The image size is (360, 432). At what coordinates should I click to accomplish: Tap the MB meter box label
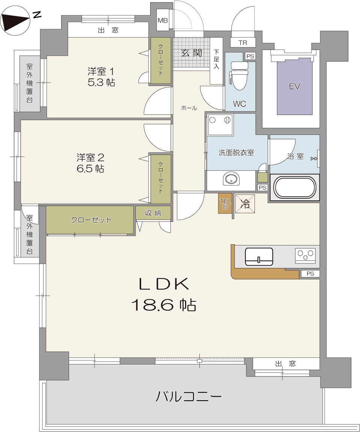(x=163, y=20)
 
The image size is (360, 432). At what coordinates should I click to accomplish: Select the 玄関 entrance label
(x=191, y=53)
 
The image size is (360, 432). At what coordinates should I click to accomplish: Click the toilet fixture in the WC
(x=239, y=75)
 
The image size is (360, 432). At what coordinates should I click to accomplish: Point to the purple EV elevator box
(x=295, y=86)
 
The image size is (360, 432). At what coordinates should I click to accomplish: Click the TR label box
(x=243, y=43)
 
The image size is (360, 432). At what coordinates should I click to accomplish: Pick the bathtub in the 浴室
(x=294, y=187)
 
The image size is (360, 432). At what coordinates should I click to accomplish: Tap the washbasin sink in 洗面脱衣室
(x=231, y=179)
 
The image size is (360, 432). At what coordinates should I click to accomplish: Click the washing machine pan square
(x=220, y=125)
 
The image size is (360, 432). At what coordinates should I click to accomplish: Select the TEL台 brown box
(x=225, y=203)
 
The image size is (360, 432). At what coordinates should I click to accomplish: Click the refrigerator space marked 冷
(x=245, y=203)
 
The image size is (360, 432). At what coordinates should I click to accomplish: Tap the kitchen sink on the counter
(x=259, y=256)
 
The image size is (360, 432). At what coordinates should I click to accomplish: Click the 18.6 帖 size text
(x=164, y=305)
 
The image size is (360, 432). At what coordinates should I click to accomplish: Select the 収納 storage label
(x=153, y=213)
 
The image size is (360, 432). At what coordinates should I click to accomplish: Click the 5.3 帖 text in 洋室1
(x=101, y=82)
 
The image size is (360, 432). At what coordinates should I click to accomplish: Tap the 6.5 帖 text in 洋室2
(x=90, y=169)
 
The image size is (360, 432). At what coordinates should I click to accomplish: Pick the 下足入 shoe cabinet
(x=216, y=61)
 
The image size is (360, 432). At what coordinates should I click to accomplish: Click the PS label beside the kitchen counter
(x=310, y=274)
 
